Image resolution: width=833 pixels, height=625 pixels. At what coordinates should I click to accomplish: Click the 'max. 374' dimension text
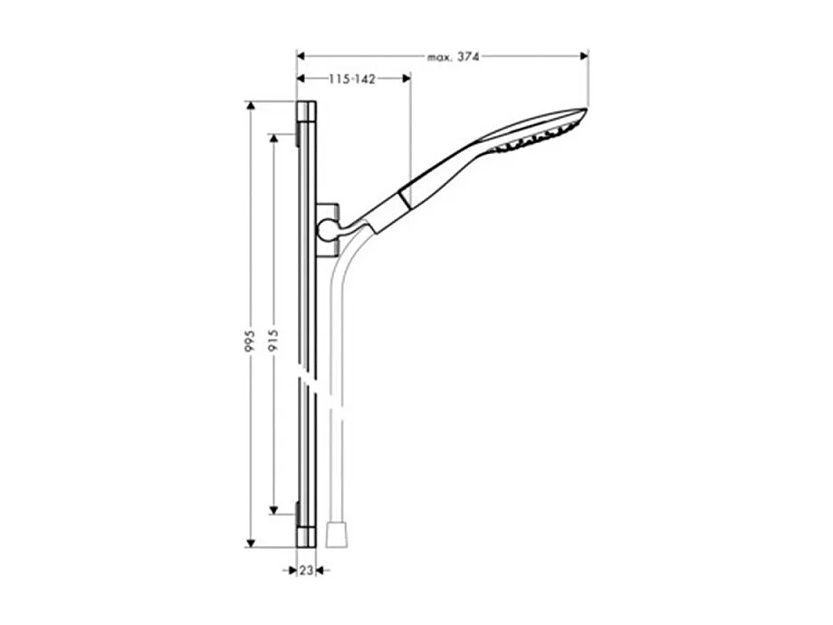point(453,56)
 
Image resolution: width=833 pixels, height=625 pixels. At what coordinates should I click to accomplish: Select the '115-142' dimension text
point(352,80)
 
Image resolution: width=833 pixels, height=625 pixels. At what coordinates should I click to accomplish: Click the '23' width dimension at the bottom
point(306,571)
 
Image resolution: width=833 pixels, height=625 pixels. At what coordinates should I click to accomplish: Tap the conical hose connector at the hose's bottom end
point(332,534)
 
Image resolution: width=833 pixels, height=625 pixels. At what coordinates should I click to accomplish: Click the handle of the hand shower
point(435,172)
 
